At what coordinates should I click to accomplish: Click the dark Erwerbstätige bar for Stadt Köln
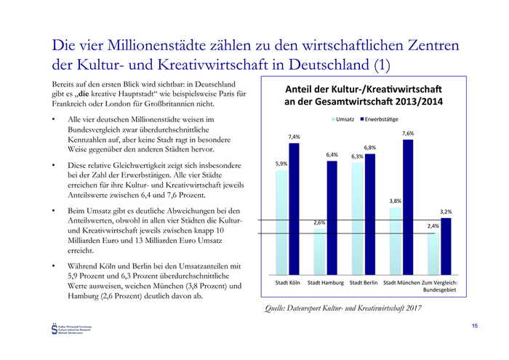(294, 207)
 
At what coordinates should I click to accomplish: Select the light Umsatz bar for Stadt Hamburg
(319, 249)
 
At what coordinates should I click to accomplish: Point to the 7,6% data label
(408, 134)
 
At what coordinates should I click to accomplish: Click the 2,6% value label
(319, 222)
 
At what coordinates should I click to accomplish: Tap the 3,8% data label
(395, 201)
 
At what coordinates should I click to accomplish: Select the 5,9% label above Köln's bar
(281, 164)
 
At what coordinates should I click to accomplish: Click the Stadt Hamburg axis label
(326, 282)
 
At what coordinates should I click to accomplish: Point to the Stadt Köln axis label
(288, 282)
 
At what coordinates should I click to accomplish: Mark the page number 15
(474, 324)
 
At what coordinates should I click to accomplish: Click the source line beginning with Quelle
(341, 309)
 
